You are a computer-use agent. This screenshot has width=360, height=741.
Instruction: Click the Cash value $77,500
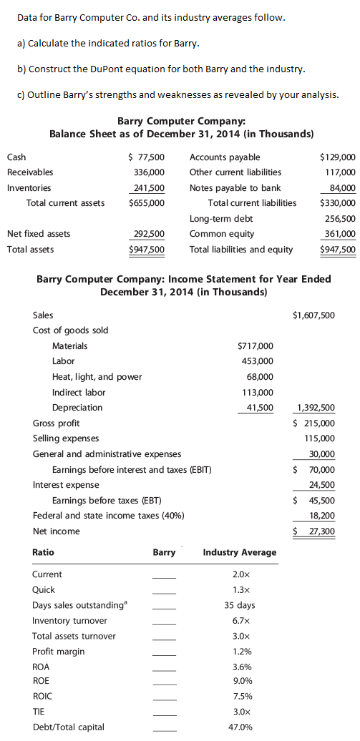[146, 157]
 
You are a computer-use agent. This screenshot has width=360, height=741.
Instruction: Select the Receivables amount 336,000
[149, 172]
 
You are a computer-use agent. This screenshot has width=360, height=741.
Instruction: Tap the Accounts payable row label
[225, 157]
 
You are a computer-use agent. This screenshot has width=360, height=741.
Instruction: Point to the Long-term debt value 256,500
[340, 219]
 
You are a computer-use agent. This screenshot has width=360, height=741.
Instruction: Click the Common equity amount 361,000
[340, 234]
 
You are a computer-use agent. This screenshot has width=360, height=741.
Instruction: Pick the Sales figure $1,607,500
[313, 315]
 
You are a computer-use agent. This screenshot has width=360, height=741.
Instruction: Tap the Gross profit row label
[56, 423]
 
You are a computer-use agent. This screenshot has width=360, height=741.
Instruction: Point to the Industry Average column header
[239, 552]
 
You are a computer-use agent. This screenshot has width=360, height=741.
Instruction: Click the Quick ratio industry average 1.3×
[240, 590]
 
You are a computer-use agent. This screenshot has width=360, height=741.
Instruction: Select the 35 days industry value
[240, 605]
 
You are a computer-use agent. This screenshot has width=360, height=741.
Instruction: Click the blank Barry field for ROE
[164, 682]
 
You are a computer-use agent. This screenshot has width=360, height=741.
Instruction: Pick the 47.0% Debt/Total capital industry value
[240, 727]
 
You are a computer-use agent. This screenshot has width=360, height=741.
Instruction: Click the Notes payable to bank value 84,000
[341, 188]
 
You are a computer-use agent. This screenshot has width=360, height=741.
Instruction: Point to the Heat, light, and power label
[97, 377]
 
